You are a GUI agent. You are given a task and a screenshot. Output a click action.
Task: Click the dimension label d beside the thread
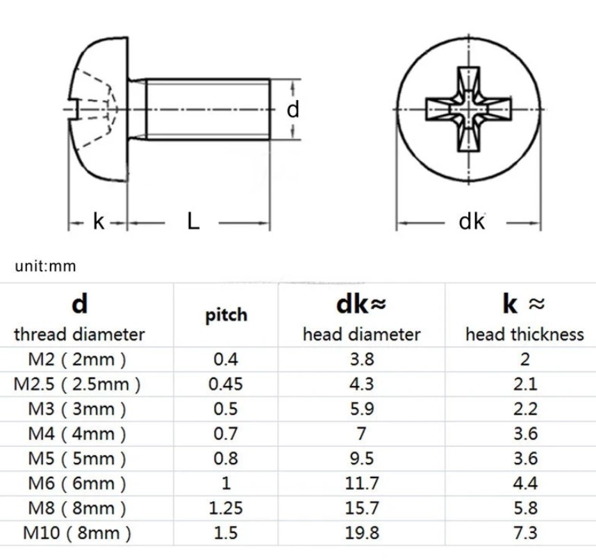(292, 110)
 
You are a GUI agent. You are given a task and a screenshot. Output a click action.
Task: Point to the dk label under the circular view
(472, 221)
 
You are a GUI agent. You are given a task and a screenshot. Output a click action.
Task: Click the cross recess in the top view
(468, 110)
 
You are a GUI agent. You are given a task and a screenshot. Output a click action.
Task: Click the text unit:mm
(45, 266)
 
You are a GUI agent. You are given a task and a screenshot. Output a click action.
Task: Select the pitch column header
(226, 316)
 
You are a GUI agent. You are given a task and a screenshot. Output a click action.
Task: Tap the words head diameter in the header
(361, 334)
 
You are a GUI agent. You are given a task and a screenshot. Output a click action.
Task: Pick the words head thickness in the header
(524, 334)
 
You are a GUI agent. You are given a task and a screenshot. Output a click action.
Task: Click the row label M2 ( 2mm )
(77, 359)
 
